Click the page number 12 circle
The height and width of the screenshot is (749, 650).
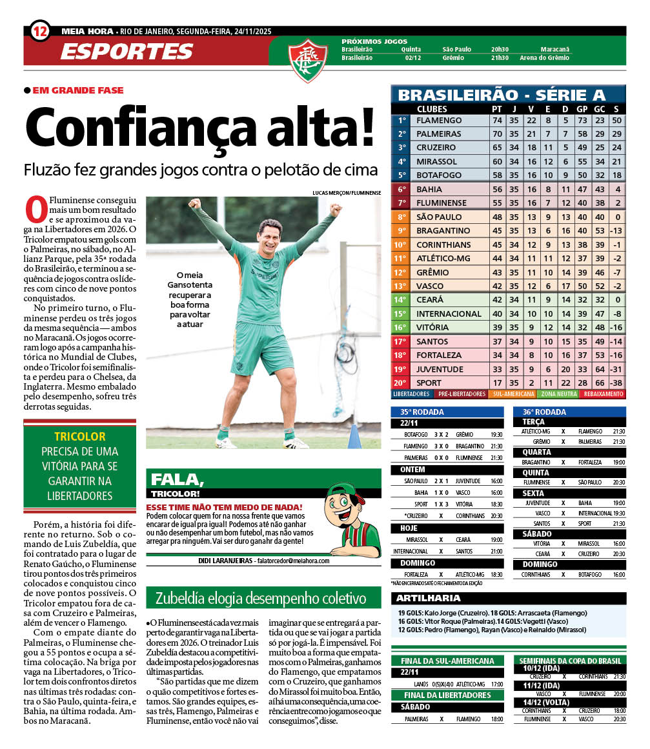point(40,30)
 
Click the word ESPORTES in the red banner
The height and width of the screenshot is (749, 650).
point(127,51)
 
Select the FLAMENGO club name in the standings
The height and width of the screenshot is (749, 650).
point(439,121)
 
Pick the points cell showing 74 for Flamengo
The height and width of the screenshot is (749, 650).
point(497,121)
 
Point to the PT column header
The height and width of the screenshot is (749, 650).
point(497,109)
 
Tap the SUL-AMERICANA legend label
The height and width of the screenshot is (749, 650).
point(513,394)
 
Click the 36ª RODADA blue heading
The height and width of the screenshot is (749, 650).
point(544,412)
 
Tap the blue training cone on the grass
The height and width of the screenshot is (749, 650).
point(354,437)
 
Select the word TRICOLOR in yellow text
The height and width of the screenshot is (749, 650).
point(80,437)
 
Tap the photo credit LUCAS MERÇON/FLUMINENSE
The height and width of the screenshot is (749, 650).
point(347,193)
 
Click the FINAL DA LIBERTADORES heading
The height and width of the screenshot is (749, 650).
point(446,695)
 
